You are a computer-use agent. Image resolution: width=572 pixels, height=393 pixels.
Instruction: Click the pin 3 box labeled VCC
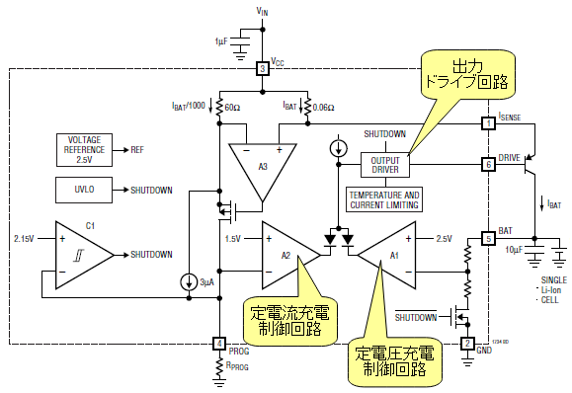pos(262,68)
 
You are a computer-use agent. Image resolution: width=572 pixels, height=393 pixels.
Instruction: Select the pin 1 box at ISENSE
pos(488,123)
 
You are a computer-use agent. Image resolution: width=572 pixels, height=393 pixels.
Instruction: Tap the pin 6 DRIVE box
pos(488,165)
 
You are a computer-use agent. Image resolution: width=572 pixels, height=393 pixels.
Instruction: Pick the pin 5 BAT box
pos(488,239)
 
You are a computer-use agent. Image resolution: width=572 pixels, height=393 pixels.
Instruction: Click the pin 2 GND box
pos(467,344)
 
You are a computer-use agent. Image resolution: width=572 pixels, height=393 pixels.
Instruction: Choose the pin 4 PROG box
pos(219,344)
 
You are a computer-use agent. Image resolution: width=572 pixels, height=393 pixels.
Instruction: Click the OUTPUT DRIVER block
pos(385,165)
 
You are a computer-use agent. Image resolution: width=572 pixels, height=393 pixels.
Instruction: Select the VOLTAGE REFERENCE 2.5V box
pos(84,150)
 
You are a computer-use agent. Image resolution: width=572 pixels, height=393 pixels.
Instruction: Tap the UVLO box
pos(84,190)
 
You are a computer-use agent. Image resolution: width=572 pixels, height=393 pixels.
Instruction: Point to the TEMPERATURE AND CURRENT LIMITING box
pos(384,199)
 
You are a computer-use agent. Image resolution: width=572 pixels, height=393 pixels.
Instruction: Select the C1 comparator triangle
pos(84,255)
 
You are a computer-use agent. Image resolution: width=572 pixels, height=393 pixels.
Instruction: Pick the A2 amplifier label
pos(286,256)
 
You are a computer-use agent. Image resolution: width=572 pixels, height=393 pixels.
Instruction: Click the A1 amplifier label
pos(394,256)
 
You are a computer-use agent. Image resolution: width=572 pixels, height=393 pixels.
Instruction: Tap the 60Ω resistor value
pos(232,108)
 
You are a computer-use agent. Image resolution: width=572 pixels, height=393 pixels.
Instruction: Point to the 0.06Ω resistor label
pos(324,108)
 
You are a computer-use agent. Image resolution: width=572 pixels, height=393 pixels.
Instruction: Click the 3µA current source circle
pos(189,282)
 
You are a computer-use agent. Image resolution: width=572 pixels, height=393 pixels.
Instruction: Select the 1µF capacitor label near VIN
pos(221,41)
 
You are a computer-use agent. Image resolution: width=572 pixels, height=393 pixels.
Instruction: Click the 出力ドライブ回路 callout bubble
pos(468,75)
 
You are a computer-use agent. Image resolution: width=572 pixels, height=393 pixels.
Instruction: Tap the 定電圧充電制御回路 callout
pos(395,361)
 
